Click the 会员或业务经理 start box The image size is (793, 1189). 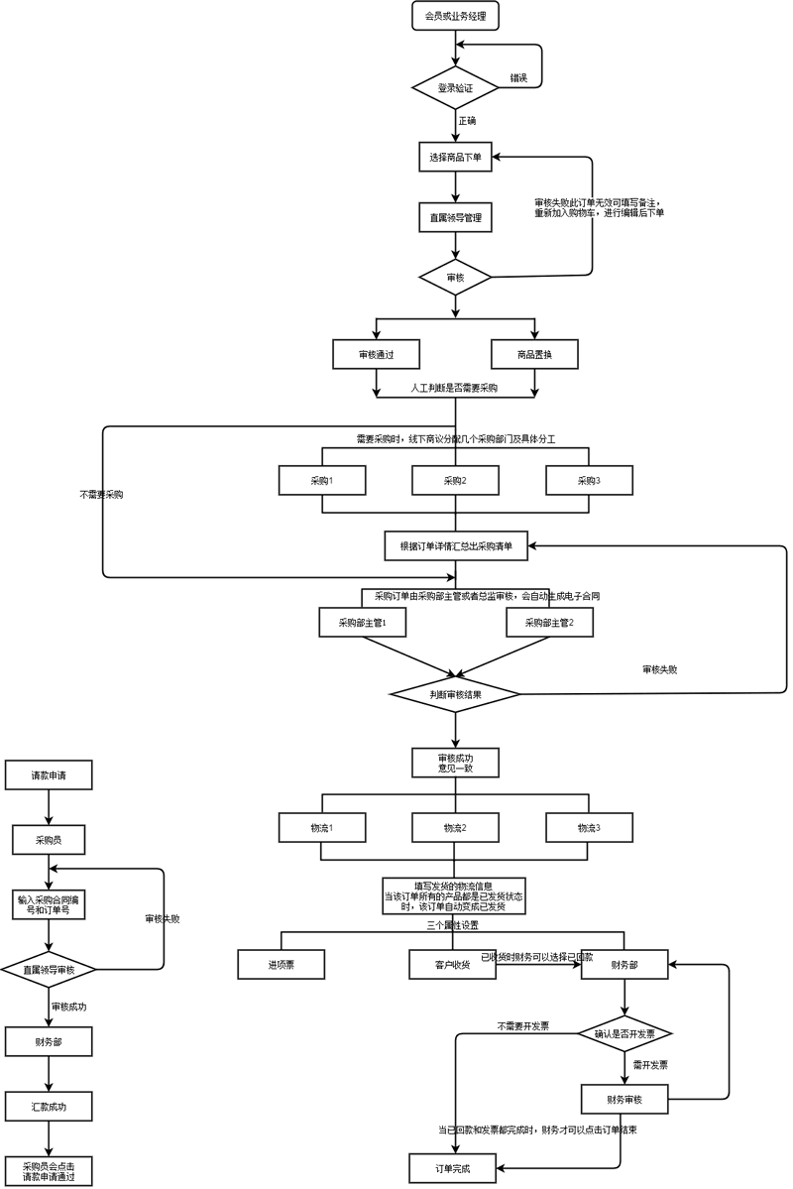(455, 16)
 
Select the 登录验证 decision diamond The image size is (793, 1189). (455, 88)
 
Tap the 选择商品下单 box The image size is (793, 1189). (455, 157)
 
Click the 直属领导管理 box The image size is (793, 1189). (455, 217)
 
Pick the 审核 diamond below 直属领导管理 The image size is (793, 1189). (455, 278)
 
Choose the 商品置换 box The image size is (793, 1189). (534, 354)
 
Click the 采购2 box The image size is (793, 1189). (455, 480)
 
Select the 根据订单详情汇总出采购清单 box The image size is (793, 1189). (456, 544)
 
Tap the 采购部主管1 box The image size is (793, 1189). (361, 623)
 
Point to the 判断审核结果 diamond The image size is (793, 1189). (455, 694)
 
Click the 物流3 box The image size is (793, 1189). (589, 827)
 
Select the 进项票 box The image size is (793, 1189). (282, 964)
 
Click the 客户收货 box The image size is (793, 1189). (453, 964)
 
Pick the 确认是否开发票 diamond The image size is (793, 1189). (624, 1033)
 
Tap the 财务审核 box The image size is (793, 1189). (624, 1099)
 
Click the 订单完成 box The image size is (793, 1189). (452, 1168)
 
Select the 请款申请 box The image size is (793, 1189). (49, 774)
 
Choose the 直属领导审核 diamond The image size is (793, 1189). (49, 969)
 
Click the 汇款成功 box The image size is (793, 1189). (49, 1105)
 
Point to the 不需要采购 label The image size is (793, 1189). (101, 494)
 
